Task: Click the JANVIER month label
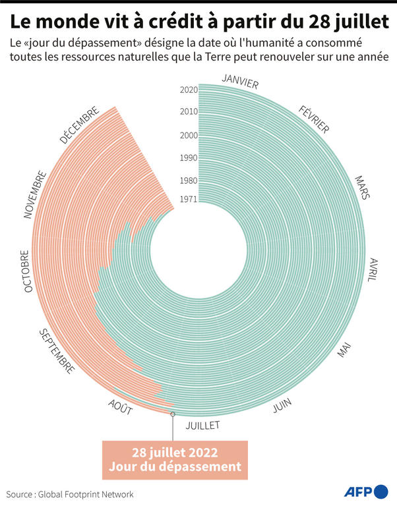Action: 240,81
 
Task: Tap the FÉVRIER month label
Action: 314,119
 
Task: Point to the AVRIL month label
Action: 372,270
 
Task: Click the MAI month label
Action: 344,351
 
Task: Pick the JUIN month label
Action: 282,406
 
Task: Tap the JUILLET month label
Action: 202,425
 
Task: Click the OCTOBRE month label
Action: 26,271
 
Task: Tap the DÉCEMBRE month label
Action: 79,125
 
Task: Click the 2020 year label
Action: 189,90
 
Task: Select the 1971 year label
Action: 189,200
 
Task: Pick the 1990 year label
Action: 189,157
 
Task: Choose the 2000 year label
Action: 189,135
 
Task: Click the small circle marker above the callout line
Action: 173,414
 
